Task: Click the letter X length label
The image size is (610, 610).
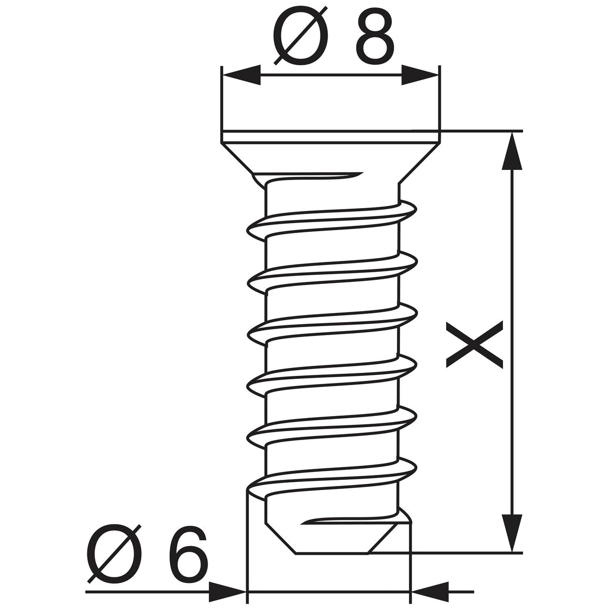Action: click(474, 345)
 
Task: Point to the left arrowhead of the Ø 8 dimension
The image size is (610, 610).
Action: click(242, 75)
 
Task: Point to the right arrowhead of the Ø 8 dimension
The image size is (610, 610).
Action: click(420, 75)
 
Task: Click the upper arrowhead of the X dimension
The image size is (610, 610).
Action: click(512, 151)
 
